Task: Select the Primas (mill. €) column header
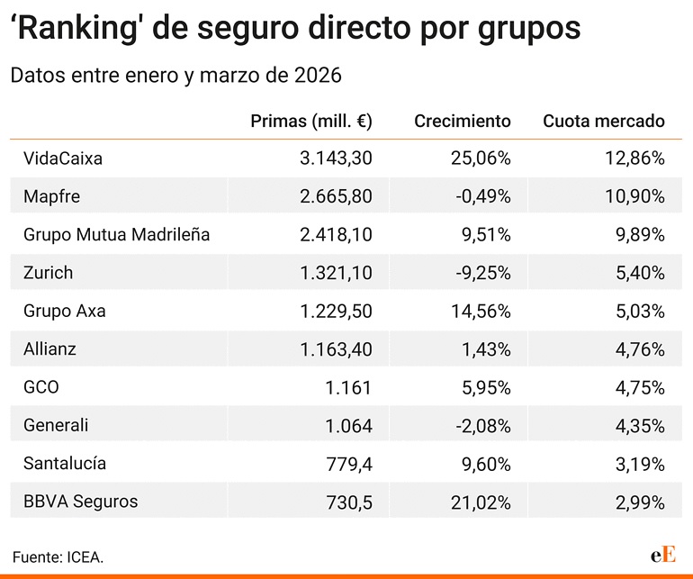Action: pos(310,121)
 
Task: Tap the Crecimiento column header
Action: pos(462,121)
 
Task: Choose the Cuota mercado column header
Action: pos(603,121)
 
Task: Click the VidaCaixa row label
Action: pos(63,158)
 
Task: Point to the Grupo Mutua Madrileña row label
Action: pos(117,234)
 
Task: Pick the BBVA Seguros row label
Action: pos(81,501)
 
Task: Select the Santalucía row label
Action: pos(65,463)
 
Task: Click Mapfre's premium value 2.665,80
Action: pos(336,196)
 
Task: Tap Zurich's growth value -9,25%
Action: pos(480,272)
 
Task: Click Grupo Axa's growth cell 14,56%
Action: pos(480,311)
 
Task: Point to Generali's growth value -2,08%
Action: pos(480,425)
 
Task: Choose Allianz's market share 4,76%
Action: pos(639,348)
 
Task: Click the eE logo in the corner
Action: pos(663,554)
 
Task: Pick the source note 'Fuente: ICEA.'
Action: pos(58,556)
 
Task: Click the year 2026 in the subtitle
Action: pos(318,76)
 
